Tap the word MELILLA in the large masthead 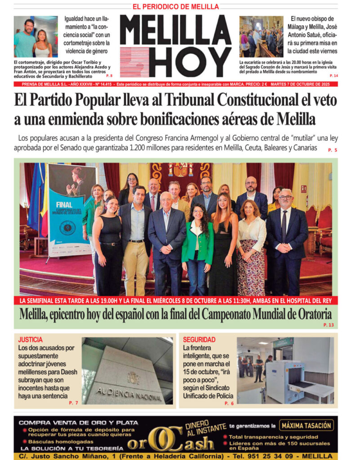175,30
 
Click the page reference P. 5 333,150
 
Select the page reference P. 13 329,324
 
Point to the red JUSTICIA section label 31,340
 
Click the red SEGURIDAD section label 199,340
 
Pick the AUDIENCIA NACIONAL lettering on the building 129,394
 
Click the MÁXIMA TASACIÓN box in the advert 307,425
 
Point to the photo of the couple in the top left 36,37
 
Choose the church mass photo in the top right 261,37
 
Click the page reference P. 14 333,75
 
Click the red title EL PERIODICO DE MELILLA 175,7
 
